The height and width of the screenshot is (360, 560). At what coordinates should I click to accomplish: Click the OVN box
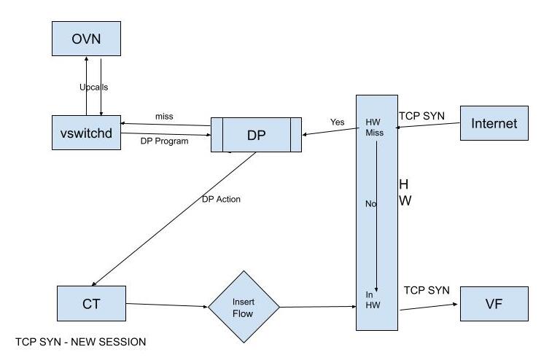tap(86, 39)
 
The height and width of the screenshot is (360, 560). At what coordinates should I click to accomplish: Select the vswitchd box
tap(86, 133)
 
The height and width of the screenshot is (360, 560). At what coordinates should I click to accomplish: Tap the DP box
tap(256, 134)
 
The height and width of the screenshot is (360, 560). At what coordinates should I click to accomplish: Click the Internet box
tap(494, 123)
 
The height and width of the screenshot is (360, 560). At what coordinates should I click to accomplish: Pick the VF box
tap(494, 304)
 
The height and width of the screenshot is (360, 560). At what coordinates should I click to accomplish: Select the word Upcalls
tap(94, 87)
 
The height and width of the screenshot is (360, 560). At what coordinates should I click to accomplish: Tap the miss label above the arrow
tap(164, 117)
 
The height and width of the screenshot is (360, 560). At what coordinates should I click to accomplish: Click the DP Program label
tap(164, 141)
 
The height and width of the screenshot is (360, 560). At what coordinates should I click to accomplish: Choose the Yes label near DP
tap(337, 122)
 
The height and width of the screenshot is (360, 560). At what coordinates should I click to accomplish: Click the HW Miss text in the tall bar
tap(373, 127)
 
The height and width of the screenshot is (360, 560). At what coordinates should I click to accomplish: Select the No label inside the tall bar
tap(370, 204)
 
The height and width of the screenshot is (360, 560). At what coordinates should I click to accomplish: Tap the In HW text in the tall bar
tap(373, 300)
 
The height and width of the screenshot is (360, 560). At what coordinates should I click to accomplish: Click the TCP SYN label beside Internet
tap(421, 116)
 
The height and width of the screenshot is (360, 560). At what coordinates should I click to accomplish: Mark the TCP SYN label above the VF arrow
tap(427, 290)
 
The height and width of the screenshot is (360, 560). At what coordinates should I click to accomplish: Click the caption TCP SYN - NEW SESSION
tap(80, 342)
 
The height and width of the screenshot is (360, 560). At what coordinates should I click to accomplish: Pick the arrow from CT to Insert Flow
tap(167, 305)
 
